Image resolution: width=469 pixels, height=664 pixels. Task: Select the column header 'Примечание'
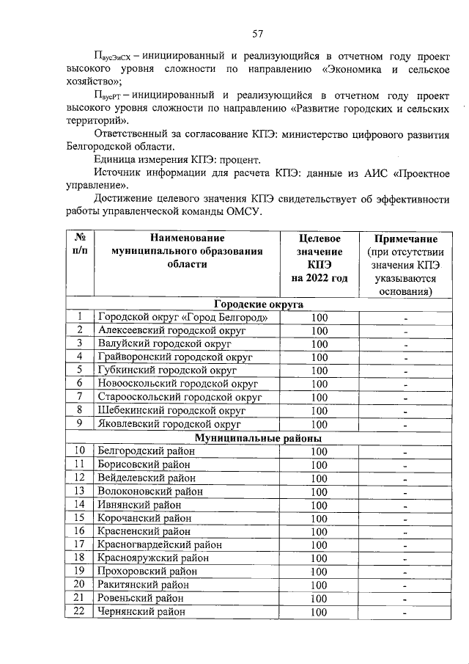406,239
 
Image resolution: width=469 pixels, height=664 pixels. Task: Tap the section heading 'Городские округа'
259,304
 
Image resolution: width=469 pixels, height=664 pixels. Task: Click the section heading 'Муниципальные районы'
259,438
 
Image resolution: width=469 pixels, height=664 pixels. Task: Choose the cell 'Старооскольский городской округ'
180,398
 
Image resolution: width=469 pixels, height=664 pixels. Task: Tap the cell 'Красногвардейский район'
159,545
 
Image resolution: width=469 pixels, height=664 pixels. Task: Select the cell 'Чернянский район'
141,612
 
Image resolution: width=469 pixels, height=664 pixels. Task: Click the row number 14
80,505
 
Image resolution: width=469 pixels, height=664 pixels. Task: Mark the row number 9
80,424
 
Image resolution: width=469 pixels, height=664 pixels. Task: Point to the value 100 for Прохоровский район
319,572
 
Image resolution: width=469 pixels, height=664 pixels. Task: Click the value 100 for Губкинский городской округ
319,371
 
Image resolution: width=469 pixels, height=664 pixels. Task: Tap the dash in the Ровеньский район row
405,599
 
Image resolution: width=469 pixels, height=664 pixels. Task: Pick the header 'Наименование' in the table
187,238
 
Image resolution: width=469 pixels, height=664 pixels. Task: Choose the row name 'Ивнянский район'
139,505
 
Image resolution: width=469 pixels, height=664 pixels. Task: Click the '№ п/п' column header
80,245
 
